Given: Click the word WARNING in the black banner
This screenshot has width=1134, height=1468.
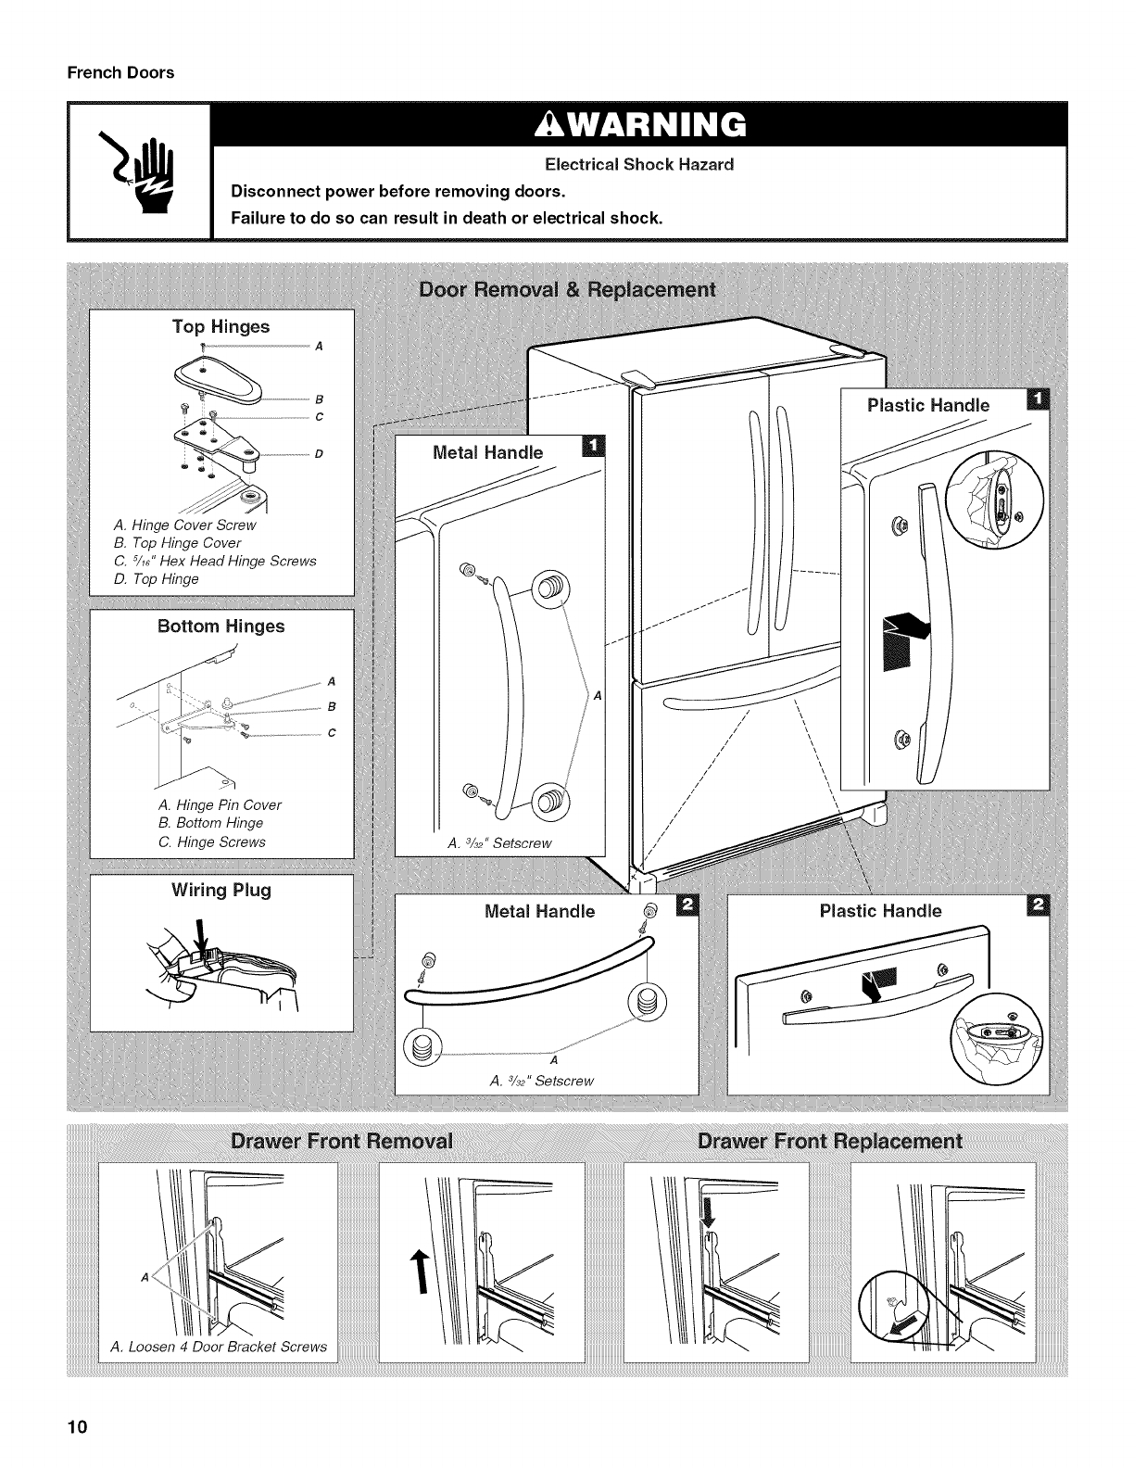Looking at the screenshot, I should (638, 123).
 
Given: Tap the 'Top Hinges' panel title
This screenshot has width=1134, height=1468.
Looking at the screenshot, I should (220, 326).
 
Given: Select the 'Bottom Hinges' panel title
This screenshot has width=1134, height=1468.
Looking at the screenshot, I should (220, 626).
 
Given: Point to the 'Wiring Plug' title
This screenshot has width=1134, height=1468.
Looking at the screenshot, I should (220, 891).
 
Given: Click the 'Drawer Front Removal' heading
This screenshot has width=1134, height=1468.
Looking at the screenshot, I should (343, 1141).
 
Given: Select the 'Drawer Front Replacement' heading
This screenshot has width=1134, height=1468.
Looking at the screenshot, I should (829, 1141).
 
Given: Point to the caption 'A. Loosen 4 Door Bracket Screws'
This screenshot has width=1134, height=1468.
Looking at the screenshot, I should (218, 1347).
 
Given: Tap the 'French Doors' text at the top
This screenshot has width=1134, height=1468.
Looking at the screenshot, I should (120, 72).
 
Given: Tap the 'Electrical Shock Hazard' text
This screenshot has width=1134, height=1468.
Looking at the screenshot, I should (638, 165).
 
